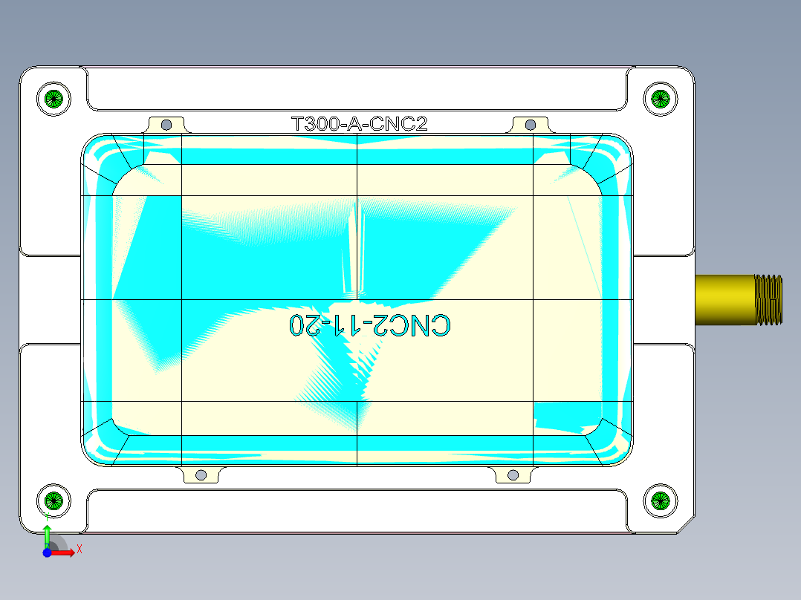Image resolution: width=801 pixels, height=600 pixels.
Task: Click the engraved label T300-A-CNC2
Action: (360, 124)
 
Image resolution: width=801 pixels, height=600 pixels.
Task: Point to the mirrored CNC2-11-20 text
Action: (370, 325)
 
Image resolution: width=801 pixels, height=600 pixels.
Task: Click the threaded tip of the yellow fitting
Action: (769, 299)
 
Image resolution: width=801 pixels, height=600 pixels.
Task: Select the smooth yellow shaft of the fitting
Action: (724, 299)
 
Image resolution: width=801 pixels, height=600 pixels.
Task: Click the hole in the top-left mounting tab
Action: (166, 124)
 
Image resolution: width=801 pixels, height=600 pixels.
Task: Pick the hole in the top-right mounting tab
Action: (531, 124)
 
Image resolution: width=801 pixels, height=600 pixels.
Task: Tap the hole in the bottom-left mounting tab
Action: (200, 475)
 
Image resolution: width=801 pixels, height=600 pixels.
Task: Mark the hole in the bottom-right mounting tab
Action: (513, 475)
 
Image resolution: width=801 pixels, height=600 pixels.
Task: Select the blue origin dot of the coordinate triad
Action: (47, 552)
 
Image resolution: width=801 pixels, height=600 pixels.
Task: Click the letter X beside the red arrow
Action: (79, 550)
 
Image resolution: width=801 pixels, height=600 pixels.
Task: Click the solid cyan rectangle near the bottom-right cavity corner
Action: (566, 414)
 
